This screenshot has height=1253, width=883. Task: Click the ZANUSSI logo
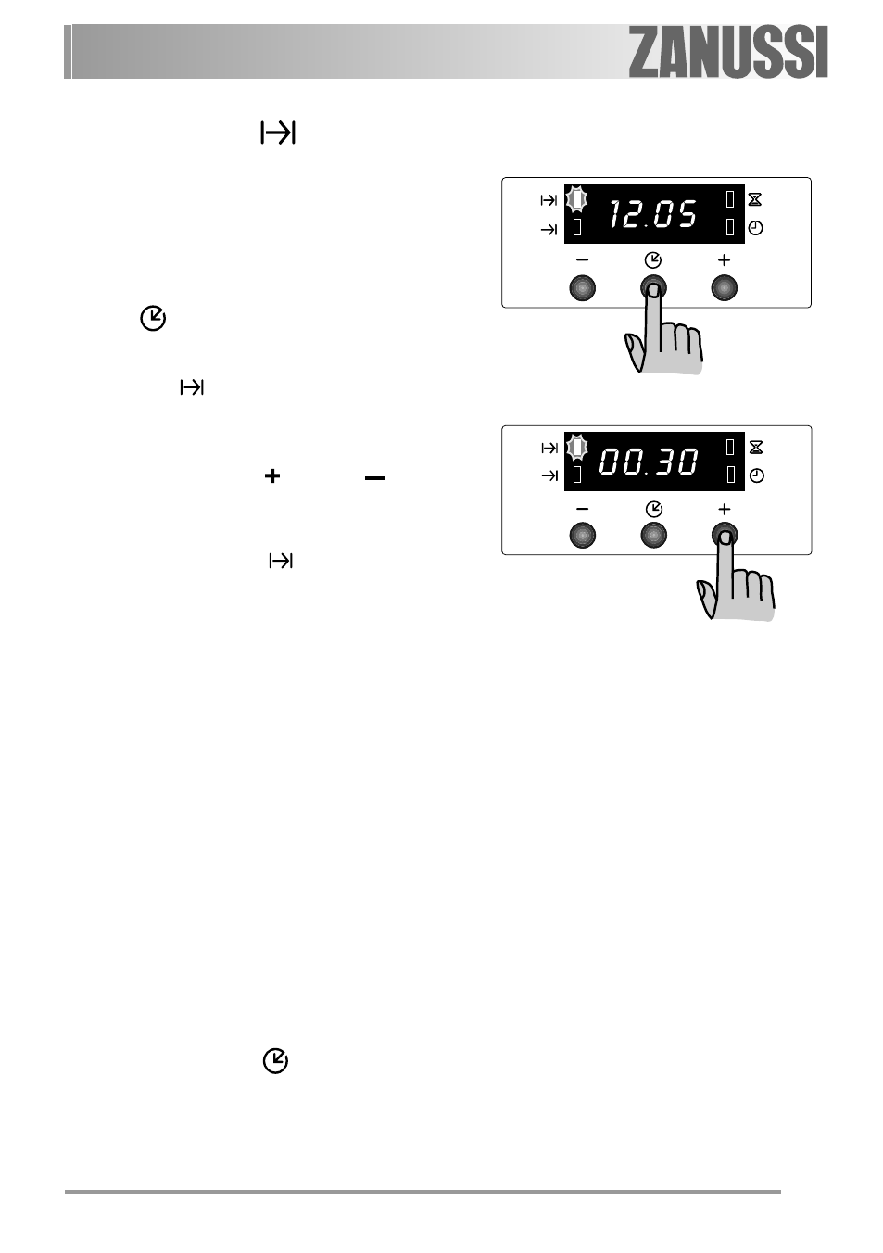point(727,52)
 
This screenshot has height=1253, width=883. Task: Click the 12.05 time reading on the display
point(653,214)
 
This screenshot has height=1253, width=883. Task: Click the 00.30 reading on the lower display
point(649,462)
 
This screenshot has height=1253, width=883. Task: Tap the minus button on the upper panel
point(582,288)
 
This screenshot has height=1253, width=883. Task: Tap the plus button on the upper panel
point(725,288)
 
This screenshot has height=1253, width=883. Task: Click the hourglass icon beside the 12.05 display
point(755,199)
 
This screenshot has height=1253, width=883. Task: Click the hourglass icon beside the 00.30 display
point(756,447)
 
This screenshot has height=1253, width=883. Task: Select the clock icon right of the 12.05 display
point(755,228)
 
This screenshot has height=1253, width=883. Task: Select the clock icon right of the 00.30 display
point(757,476)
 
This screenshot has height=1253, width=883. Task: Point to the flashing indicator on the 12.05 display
point(576,199)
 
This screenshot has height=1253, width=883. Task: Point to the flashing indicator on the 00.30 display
point(577,447)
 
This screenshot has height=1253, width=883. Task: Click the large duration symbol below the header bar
point(278,133)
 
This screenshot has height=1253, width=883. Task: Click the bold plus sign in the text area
point(272,476)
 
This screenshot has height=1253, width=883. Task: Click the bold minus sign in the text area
point(374,478)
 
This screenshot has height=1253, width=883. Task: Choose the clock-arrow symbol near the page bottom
point(275,1060)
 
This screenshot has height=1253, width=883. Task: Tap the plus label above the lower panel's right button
point(725,509)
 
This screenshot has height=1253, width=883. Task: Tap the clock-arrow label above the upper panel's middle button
point(653,260)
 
